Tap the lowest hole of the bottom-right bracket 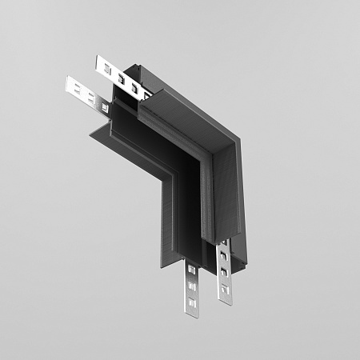tap(226, 288)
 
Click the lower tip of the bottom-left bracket tap(192, 314)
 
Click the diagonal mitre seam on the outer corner tap(204, 132)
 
